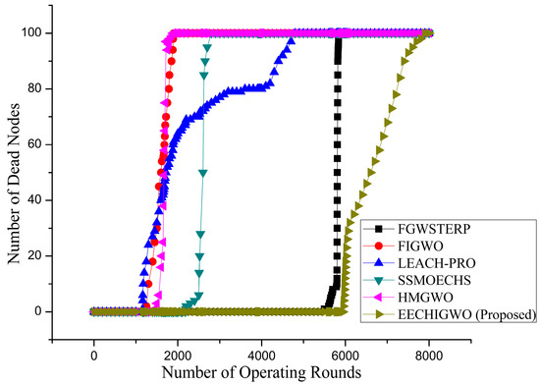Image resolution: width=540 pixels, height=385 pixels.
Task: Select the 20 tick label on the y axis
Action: point(57,256)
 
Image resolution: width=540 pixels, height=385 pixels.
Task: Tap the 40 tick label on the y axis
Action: point(57,200)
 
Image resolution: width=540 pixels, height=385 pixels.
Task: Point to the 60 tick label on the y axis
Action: point(57,144)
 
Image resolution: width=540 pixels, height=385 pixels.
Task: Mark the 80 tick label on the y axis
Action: point(57,88)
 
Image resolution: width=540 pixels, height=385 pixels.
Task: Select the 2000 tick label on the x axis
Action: point(178,354)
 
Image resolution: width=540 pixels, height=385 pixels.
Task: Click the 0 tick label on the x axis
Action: point(94,354)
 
